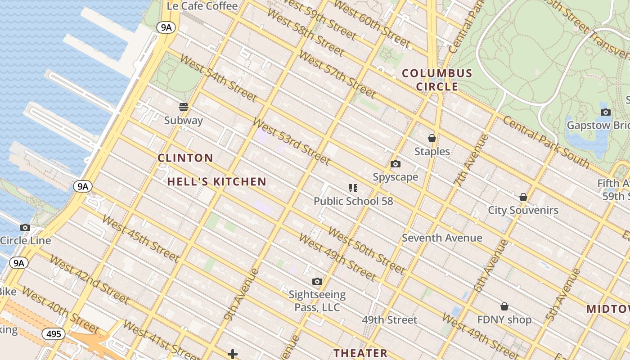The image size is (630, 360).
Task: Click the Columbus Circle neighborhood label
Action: click(437, 80)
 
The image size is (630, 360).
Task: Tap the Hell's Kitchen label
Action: click(217, 182)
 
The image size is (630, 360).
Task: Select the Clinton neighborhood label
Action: click(185, 158)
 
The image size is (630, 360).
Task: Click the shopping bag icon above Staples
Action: click(432, 138)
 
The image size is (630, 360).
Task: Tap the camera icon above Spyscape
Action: click(396, 164)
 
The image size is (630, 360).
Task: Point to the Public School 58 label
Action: click(353, 201)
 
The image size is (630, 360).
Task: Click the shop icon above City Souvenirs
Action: click(523, 197)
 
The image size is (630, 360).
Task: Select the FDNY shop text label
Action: click(504, 320)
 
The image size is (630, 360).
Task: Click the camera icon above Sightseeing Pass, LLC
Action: click(317, 282)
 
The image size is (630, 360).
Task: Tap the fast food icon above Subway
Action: click(184, 107)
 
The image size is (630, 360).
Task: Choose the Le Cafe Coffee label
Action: click(202, 6)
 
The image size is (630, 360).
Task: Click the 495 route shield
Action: click(54, 334)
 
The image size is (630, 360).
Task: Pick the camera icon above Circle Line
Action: click(25, 228)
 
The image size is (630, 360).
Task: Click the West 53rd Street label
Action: click(292, 141)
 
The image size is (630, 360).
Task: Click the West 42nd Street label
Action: click(89, 279)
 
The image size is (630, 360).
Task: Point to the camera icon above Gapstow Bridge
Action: click(606, 112)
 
